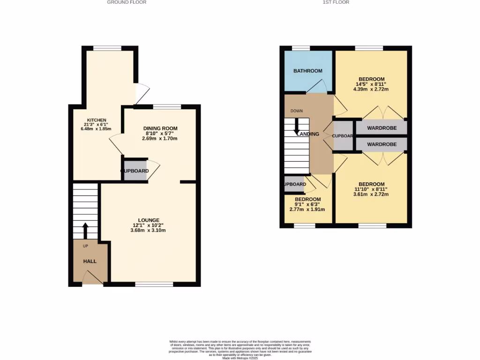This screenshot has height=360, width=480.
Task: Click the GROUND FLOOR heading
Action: pos(127,2)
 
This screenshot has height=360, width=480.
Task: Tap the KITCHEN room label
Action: pos(97,120)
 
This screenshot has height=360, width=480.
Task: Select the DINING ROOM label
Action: pos(160,128)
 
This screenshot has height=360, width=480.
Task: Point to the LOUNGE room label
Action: pos(149,220)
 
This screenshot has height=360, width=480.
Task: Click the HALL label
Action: pos(90,261)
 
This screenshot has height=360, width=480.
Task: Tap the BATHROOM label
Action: pos(308,71)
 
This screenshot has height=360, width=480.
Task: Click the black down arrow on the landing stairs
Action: pos(297,127)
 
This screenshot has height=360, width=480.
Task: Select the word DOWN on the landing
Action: pos(296,111)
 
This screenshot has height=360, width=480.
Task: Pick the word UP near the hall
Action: pos(85,246)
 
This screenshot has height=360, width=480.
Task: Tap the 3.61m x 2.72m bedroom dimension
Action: pos(372,194)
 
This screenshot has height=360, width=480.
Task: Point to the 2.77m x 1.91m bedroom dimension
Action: pos(307,210)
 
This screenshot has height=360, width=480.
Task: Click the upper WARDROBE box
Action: pos(381,128)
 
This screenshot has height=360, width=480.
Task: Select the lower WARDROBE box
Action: pos(381,144)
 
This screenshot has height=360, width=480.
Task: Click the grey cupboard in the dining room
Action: pos(135,171)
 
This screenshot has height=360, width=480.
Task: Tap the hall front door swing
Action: pos(93,279)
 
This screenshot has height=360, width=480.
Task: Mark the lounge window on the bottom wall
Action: pos(154,284)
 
